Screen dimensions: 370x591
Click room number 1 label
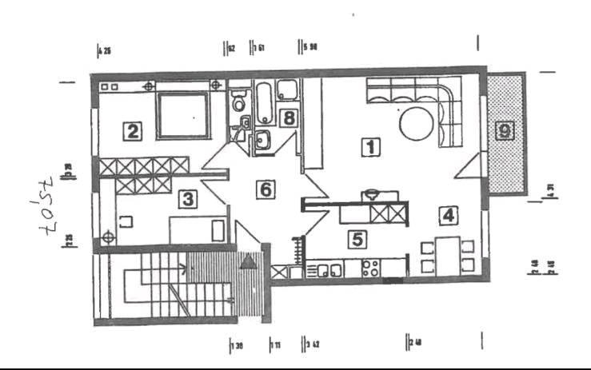pos(369,147)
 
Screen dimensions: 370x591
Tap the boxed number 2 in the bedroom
pos(132,130)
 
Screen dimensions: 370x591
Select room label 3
pos(186,198)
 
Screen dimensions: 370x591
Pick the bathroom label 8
pos(290,117)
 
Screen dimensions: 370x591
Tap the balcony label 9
pos(502,129)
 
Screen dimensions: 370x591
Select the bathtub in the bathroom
pos(263,101)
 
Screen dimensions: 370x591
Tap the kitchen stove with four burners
pos(370,269)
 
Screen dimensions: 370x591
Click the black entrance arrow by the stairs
pos(250,260)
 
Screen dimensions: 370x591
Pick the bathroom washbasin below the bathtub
pos(262,142)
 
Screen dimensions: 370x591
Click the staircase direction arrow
pos(187,269)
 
